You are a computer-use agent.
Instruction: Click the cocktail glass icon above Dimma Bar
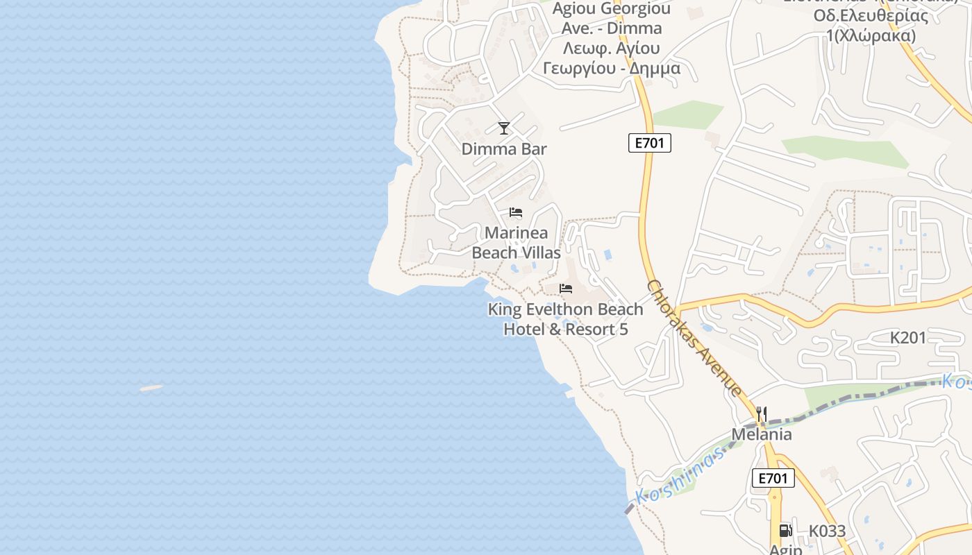pos(504,128)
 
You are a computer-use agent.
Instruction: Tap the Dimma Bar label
pos(504,149)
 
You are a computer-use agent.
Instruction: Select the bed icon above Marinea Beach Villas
pos(516,212)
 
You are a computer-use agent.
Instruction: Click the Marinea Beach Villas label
pos(516,243)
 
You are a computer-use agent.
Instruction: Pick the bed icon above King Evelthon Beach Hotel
pos(566,289)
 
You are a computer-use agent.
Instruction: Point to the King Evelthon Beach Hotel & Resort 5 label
pos(566,319)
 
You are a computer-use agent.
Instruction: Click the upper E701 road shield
pos(650,144)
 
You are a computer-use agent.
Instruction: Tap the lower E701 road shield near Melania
pos(773,478)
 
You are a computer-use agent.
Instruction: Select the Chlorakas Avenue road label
pos(694,338)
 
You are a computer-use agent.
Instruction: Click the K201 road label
pos(908,339)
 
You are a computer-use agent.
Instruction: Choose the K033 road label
pos(827,531)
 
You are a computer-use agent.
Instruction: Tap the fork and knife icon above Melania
pos(762,415)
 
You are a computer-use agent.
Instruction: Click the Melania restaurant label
pos(762,434)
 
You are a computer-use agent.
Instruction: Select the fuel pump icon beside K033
pos(785,531)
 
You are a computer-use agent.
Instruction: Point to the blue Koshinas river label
pos(679,477)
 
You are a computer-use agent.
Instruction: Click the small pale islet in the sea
pos(151,388)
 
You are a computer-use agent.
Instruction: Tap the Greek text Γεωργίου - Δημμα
pos(611,69)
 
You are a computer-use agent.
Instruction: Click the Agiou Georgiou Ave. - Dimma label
pos(611,19)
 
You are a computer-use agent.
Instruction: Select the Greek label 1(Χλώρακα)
pos(871,35)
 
